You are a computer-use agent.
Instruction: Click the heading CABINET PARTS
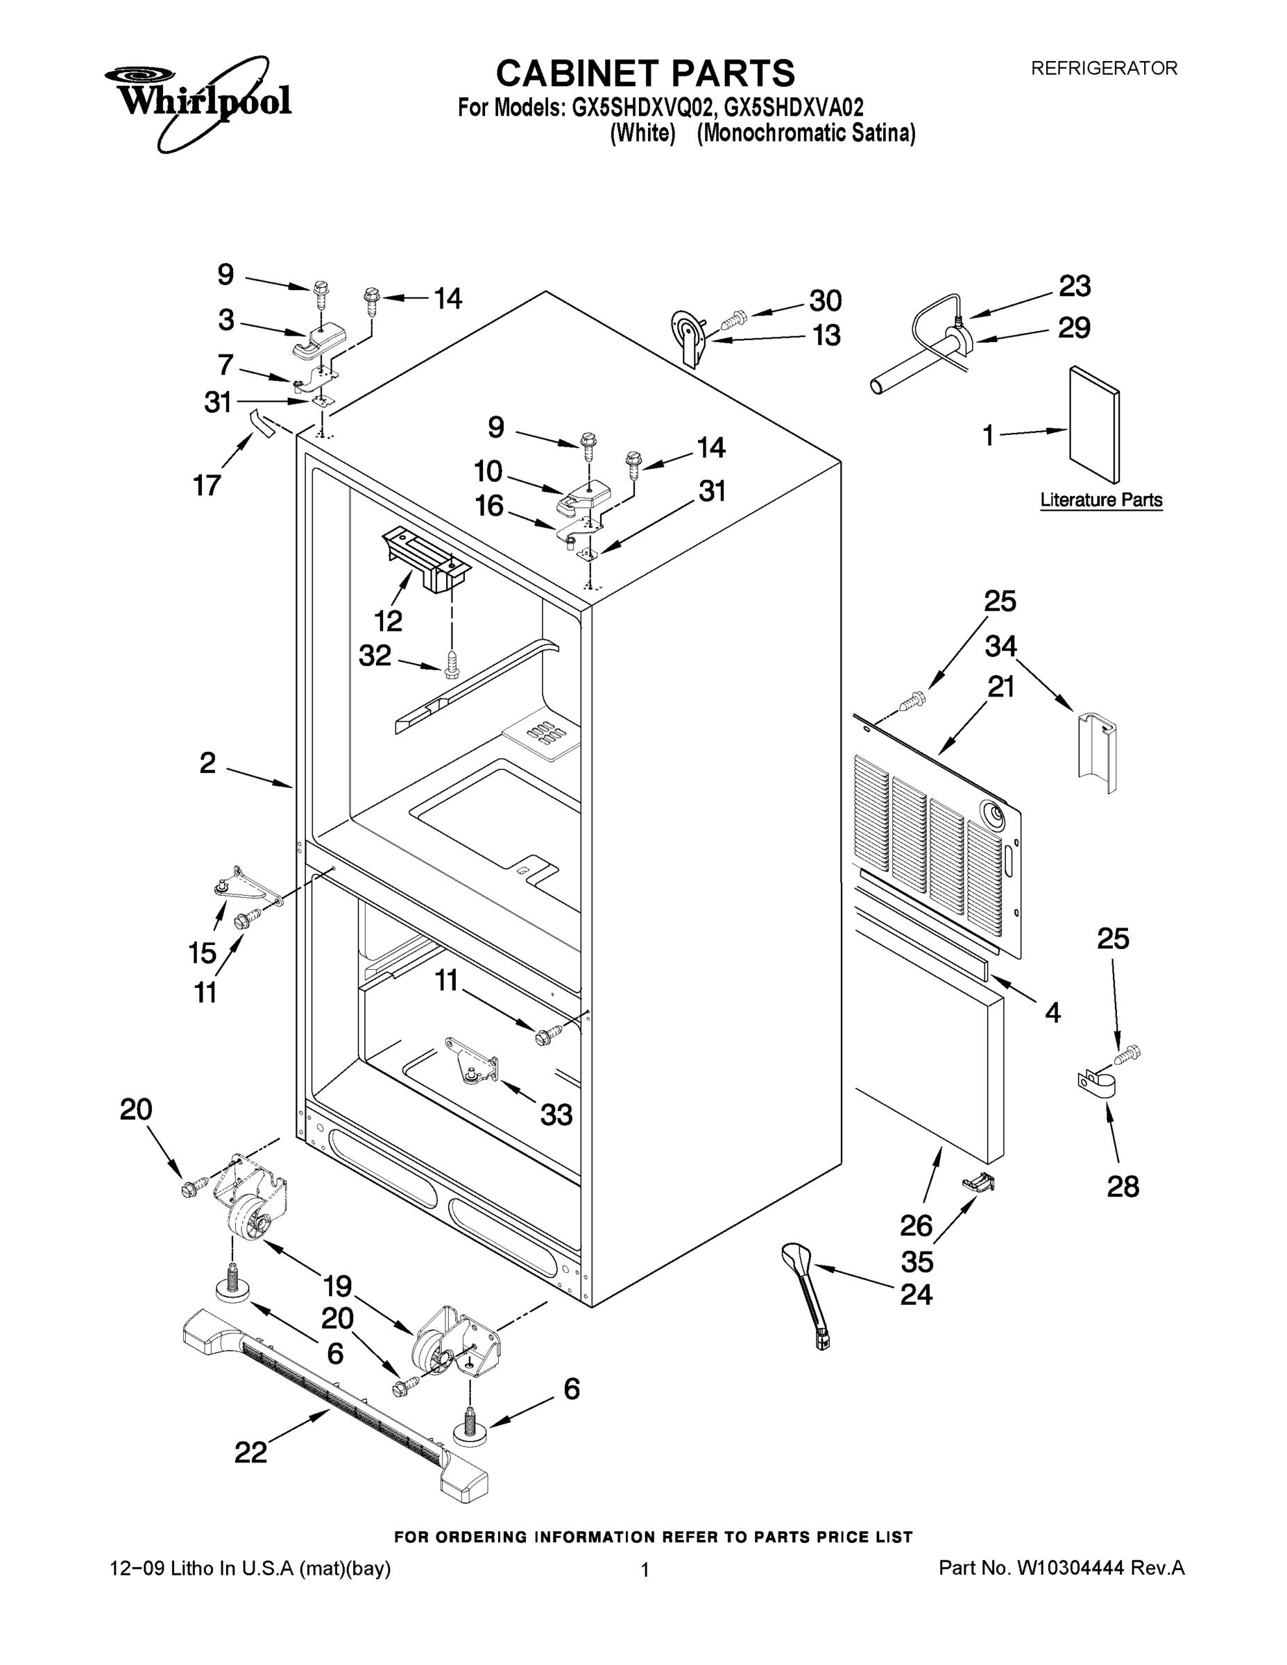click(645, 74)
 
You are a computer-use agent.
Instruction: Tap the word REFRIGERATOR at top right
click(1103, 69)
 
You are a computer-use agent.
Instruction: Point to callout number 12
click(388, 621)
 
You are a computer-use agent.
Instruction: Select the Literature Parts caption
click(1101, 500)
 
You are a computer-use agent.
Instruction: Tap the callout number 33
click(556, 1115)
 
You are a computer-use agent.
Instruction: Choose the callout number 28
click(1123, 1186)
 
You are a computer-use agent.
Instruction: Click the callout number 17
click(207, 485)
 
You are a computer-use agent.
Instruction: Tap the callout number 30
click(825, 300)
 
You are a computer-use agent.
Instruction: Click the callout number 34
click(1000, 647)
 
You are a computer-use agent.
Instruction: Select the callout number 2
click(207, 762)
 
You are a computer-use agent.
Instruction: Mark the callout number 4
click(1052, 1012)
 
